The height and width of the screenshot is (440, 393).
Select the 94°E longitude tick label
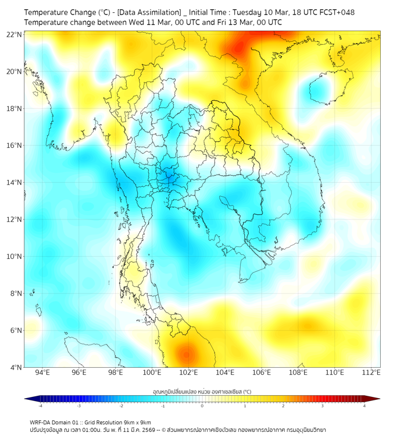click(x=42, y=372)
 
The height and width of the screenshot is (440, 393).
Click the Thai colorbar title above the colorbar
click(x=202, y=391)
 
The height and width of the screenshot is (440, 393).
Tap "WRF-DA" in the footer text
click(x=41, y=422)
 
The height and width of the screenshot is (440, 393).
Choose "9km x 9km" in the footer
click(x=138, y=422)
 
